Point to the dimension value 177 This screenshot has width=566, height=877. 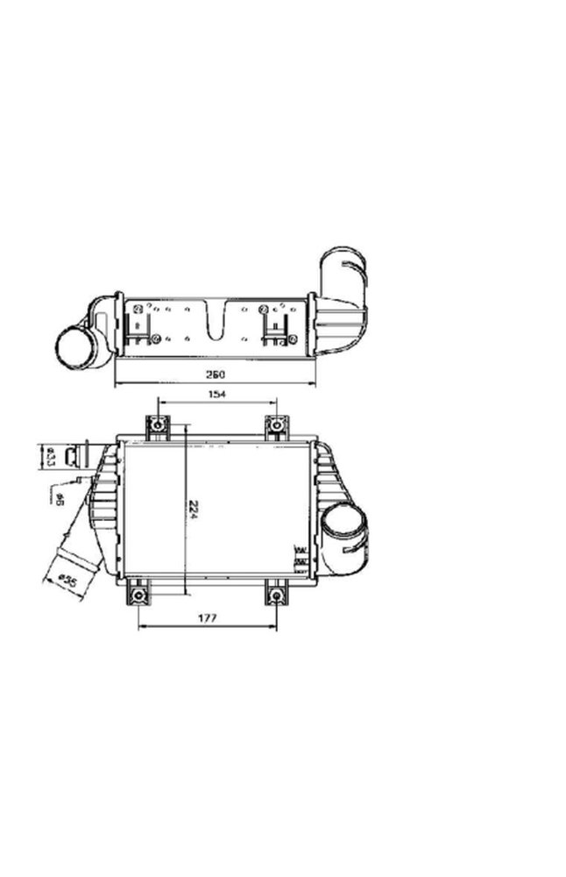[x=208, y=618]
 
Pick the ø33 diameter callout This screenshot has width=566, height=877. [x=51, y=457]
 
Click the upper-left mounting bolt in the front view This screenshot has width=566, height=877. [x=158, y=427]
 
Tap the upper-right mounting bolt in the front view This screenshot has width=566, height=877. [x=277, y=427]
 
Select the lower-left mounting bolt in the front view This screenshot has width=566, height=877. [x=138, y=595]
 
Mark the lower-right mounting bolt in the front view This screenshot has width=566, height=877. [x=277, y=595]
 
